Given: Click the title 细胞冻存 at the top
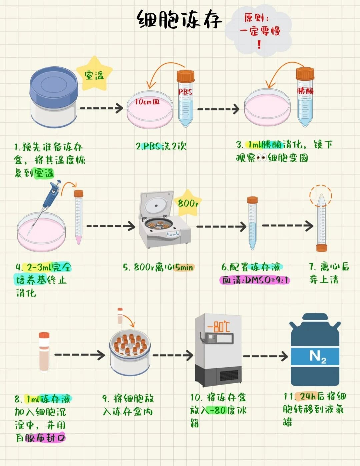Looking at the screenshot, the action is pos(179,20).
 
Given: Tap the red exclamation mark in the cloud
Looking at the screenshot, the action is pos(259,44).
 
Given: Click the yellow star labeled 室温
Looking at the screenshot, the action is pos(95,73).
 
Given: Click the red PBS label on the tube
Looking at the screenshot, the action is pos(185,92).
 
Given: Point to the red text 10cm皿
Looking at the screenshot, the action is pos(147,101).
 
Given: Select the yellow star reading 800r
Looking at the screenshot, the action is pos(188,203).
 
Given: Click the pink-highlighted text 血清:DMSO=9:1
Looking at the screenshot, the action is pos(255,280).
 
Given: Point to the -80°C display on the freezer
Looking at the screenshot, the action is pos(219,326).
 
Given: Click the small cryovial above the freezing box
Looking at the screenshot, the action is pos(120,316).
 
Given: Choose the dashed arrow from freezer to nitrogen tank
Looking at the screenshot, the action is pos(265,356).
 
